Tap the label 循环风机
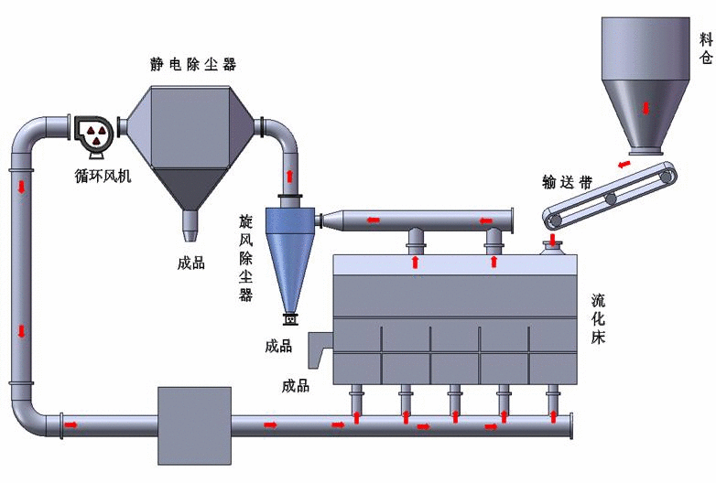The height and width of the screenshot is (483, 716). point(103,176)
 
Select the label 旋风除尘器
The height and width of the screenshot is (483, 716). point(245,258)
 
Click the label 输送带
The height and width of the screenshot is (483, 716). point(568,183)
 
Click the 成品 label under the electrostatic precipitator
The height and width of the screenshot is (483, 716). point(191,263)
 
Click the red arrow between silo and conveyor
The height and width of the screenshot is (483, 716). point(624,165)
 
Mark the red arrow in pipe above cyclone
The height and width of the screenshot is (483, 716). point(291,176)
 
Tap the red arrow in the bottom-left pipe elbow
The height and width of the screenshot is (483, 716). point(71,424)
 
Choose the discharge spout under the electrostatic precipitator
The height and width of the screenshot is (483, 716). point(190,222)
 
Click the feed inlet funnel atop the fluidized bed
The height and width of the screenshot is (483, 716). point(553,247)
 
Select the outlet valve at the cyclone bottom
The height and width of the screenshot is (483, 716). point(291,318)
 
